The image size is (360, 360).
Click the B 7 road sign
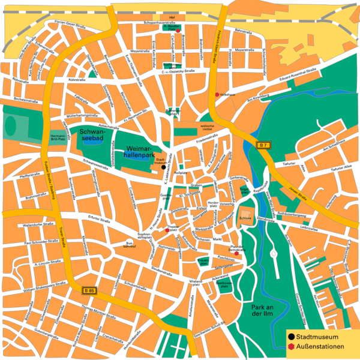coord(263,145)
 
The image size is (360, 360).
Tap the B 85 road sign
coord(89,290)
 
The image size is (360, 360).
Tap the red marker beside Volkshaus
coord(217,94)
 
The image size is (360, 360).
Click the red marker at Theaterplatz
coord(167,230)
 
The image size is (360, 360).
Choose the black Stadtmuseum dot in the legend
coord(292,337)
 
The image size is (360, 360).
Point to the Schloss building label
coord(245,218)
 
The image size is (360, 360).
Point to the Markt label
coord(218,239)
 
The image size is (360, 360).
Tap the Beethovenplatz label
coord(224,284)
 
